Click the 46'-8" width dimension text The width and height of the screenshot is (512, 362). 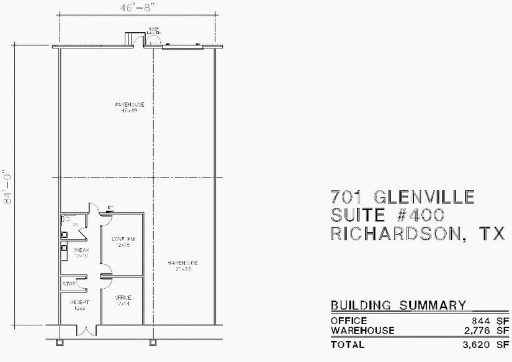137,8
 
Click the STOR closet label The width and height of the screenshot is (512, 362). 69,285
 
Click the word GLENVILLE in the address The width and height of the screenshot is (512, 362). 425,198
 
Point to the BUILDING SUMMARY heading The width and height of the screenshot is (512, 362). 398,305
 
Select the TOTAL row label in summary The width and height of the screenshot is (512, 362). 349,343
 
